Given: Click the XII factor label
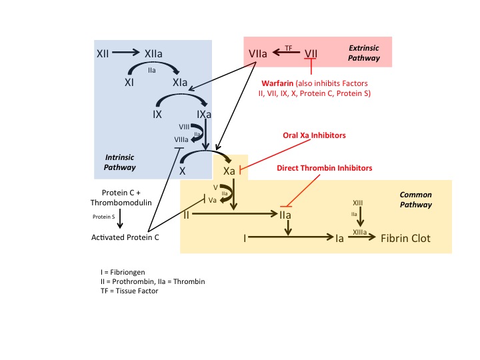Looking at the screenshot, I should coord(103,52).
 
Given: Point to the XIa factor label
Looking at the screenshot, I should coord(180,83).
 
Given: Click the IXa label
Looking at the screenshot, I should coord(205,115).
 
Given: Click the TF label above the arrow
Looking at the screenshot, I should coord(289,47).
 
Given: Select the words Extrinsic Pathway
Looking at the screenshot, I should coord(364,53).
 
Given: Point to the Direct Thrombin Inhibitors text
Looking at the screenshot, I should coord(325,168).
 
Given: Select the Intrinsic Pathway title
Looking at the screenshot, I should coord(120,162).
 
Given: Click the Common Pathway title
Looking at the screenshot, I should coord(415,200).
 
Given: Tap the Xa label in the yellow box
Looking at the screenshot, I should coord(229,171).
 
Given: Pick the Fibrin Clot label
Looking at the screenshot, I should coord(405,238).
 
